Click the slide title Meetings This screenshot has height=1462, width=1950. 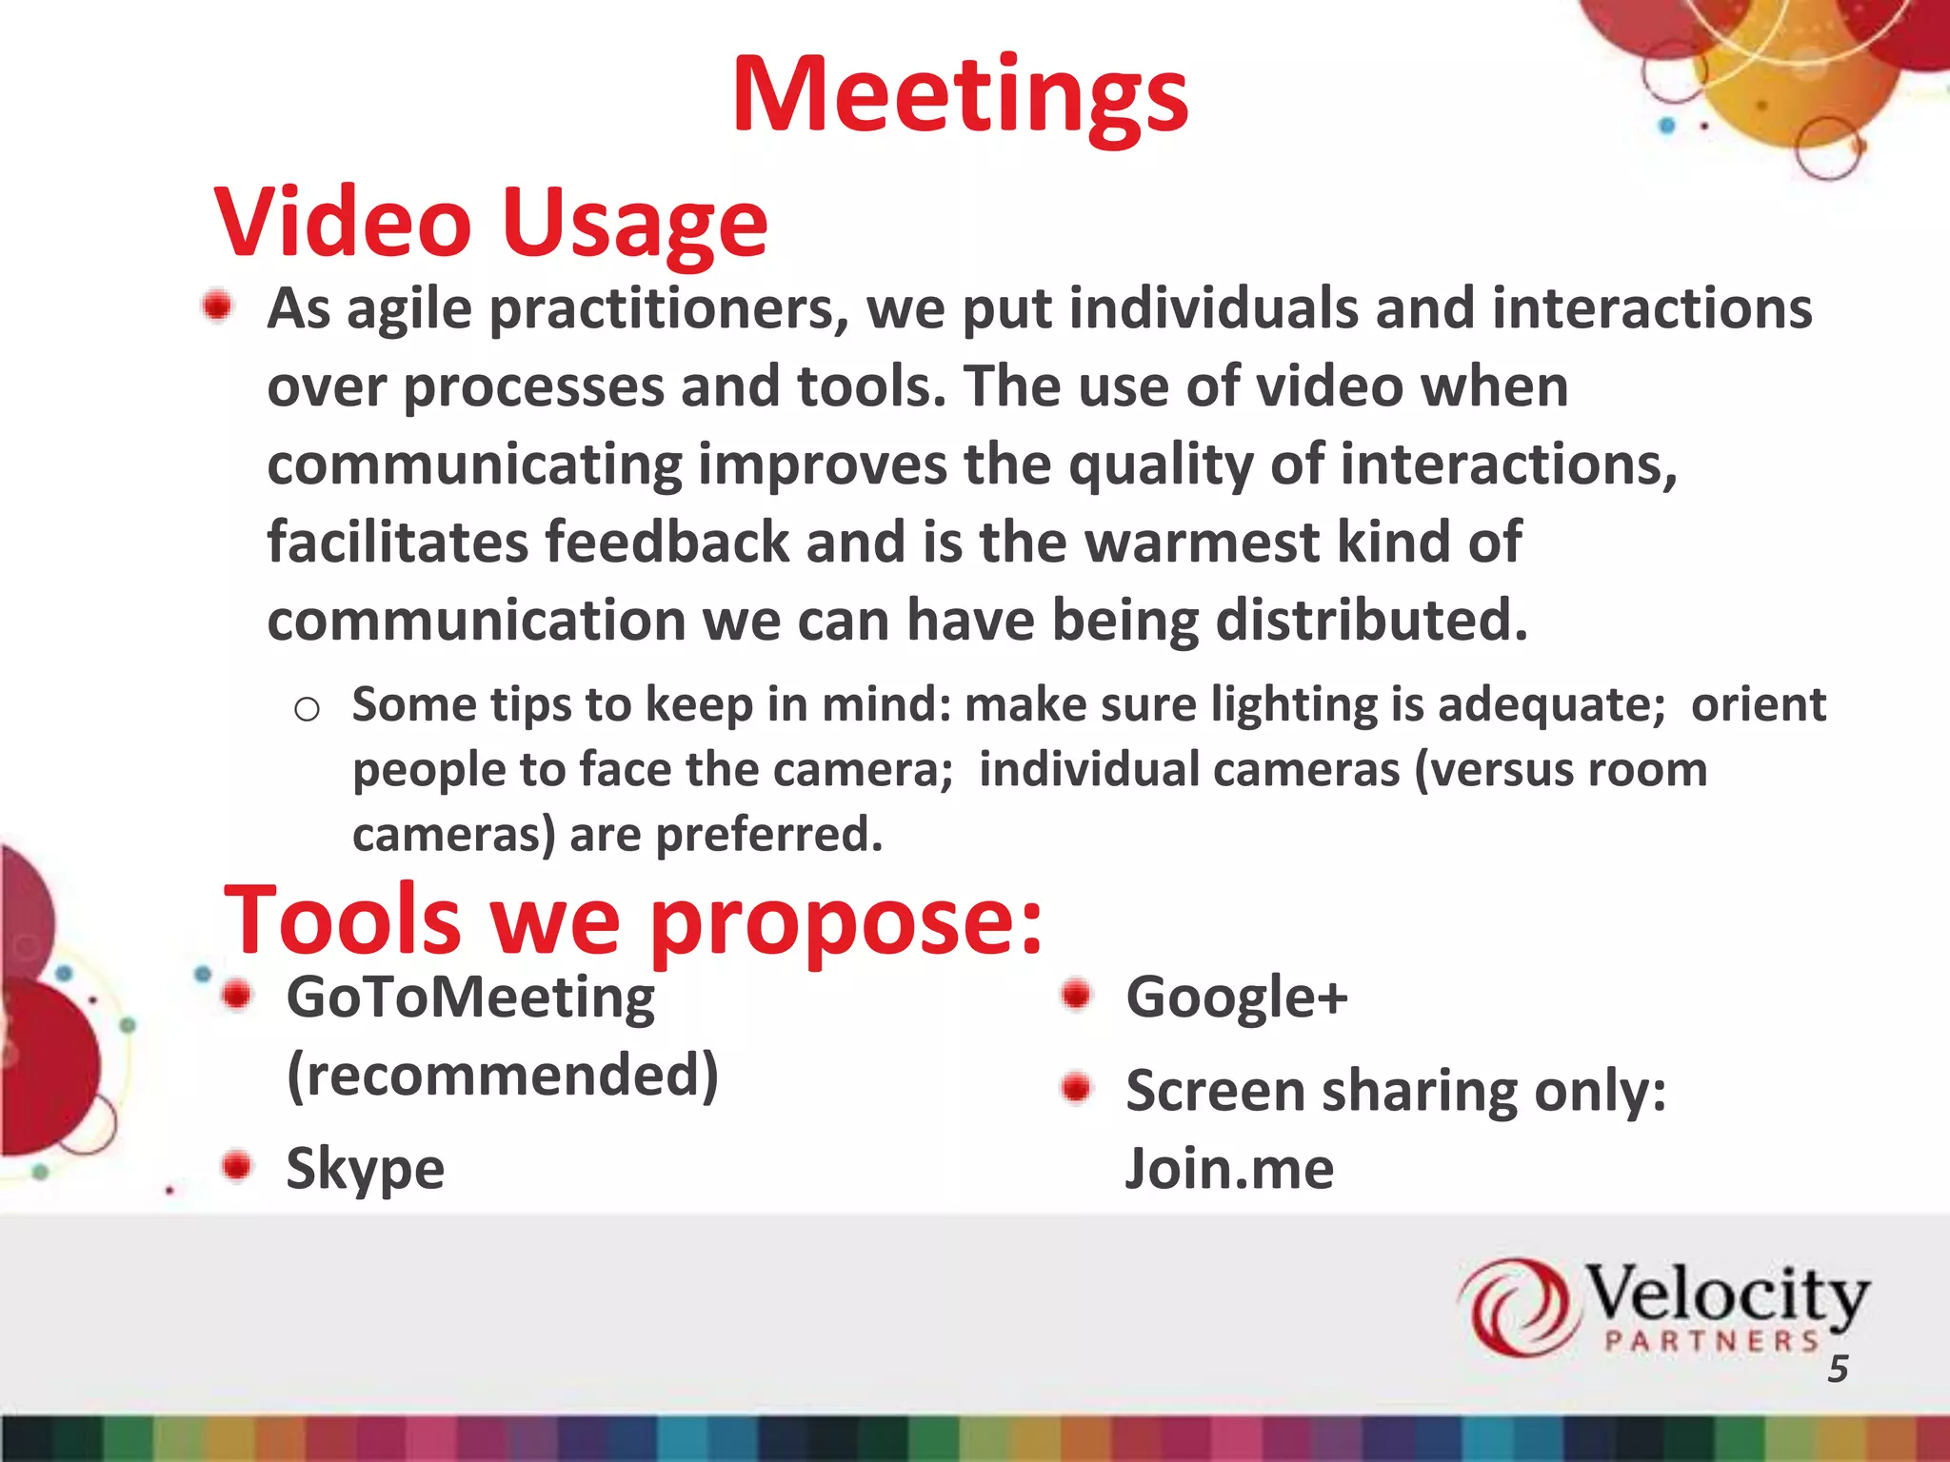click(x=960, y=95)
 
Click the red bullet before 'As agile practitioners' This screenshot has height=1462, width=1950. click(x=218, y=306)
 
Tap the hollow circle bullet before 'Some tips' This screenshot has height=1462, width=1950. click(x=307, y=709)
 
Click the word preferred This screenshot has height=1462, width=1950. click(x=769, y=835)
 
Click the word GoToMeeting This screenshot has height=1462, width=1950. click(x=470, y=998)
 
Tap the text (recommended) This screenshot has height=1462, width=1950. click(x=503, y=1076)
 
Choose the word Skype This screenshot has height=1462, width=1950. click(x=366, y=1168)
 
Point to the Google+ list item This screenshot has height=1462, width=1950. click(x=1236, y=998)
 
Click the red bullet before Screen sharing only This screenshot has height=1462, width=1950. click(x=1076, y=1087)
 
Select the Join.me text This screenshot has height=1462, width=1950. click(x=1228, y=1169)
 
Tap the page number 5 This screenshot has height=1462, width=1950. click(x=1838, y=1369)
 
